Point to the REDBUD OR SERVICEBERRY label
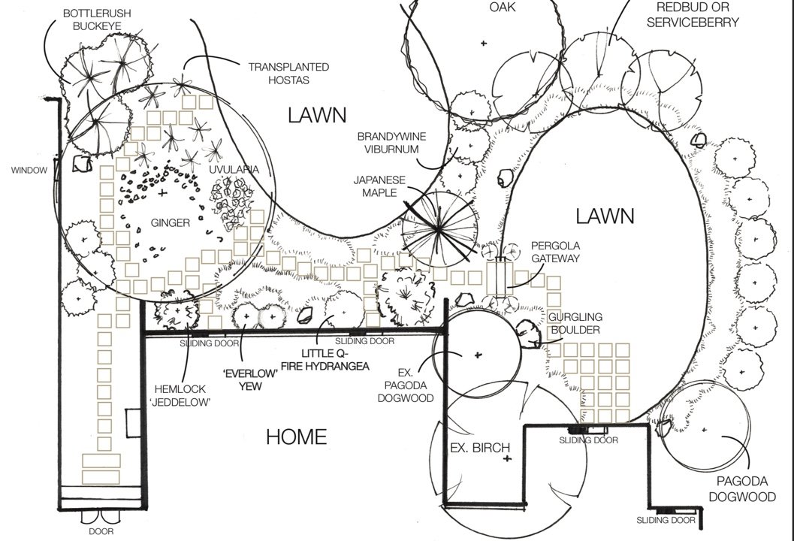(x=698, y=14)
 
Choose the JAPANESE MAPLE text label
(x=380, y=186)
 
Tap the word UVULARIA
(x=234, y=170)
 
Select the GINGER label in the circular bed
(x=171, y=222)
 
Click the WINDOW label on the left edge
(x=29, y=171)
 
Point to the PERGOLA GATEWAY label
(x=555, y=252)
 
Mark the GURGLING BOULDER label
(x=574, y=324)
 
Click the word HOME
(x=297, y=437)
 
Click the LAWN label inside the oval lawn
(x=605, y=216)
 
